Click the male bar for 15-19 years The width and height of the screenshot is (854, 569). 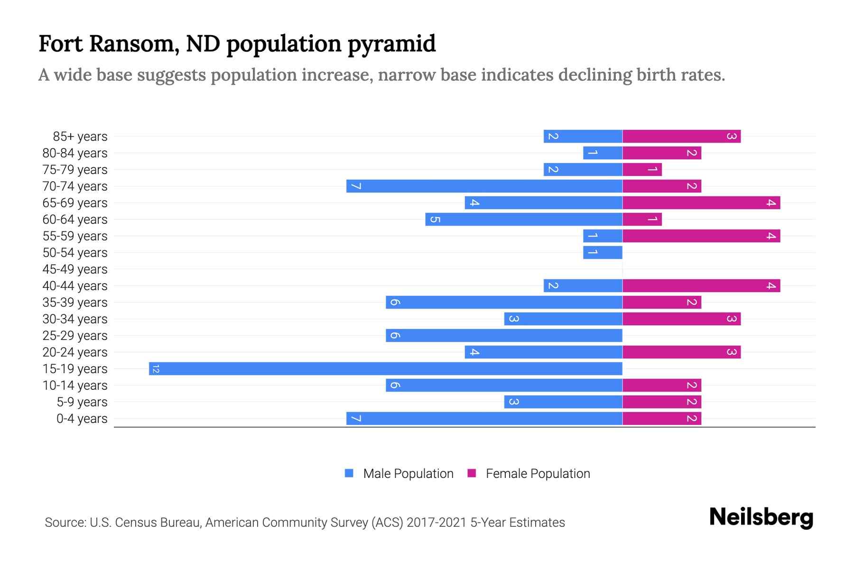[x=385, y=368]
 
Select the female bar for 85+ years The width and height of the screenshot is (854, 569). [x=681, y=137]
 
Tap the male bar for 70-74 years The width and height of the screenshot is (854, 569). [x=484, y=186]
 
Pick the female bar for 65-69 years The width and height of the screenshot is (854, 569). [x=701, y=203]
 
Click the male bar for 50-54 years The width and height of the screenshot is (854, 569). [x=603, y=253]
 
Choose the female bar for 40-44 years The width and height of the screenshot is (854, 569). [x=701, y=286]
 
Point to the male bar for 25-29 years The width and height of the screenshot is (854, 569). [x=504, y=336]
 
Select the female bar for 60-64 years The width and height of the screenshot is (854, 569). [x=642, y=220]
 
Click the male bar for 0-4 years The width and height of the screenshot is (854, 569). [x=484, y=419]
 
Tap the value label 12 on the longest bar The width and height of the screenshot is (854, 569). [x=156, y=369]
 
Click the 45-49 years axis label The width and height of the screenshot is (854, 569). [x=75, y=269]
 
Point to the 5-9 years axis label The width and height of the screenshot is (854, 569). [x=82, y=402]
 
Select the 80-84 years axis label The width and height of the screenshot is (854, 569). [x=75, y=153]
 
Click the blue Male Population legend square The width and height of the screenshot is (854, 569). [x=349, y=473]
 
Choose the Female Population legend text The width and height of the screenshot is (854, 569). [x=538, y=474]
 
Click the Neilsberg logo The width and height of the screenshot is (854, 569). [x=761, y=517]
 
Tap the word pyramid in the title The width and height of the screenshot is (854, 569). [x=391, y=44]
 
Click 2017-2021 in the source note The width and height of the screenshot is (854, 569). [x=436, y=523]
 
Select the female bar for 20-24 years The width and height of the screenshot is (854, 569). [x=681, y=352]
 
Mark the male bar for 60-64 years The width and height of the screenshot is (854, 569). [x=524, y=220]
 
